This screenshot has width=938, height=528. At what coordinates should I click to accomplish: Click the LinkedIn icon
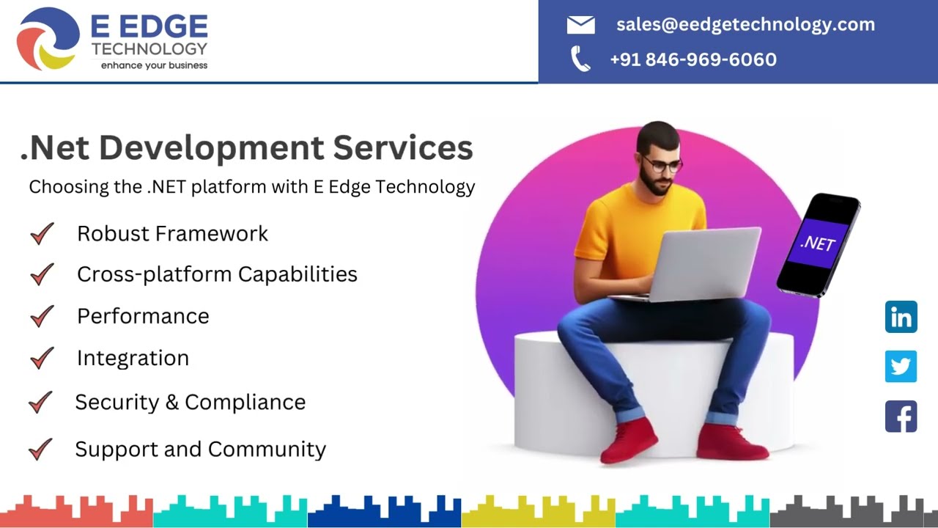pos(901,317)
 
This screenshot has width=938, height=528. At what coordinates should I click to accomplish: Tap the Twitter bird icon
pos(901,366)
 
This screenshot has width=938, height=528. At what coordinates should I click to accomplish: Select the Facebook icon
pos(901,416)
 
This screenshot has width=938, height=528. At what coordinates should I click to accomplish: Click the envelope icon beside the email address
pos(580,25)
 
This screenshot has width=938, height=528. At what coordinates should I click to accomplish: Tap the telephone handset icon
pos(580,59)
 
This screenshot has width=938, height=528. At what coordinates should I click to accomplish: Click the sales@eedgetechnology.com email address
pos(745,24)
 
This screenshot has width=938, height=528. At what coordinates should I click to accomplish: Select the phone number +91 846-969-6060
pos(693,59)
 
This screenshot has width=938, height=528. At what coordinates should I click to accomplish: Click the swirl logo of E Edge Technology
pos(48,39)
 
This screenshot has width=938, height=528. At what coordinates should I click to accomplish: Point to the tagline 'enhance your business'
pos(154,65)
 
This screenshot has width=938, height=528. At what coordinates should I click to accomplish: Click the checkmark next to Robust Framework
pos(42,234)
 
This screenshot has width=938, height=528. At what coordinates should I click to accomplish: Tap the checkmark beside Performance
pos(42,316)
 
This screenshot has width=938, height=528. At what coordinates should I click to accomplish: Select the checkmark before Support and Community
pos(40,449)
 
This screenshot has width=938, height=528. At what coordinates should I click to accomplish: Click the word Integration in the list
pos(133,358)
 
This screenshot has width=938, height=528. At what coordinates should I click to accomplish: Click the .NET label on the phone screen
pos(818,243)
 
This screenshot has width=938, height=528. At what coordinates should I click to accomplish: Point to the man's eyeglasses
pos(661,164)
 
